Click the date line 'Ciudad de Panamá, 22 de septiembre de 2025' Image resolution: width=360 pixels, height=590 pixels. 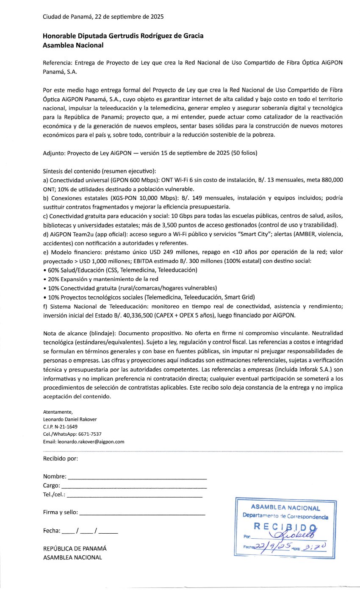pyautogui.click(x=103, y=17)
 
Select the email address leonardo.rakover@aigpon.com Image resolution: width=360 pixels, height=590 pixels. pyautogui.click(x=83, y=441)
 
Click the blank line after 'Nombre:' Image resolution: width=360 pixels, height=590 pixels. pyautogui.click(x=137, y=477)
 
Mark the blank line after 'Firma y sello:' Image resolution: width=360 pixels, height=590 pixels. pyautogui.click(x=142, y=513)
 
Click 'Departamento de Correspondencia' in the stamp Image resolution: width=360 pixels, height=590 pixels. pyautogui.click(x=285, y=517)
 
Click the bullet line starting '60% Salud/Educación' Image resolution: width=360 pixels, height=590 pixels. pyautogui.click(x=120, y=270)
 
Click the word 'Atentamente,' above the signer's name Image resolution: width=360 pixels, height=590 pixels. pyautogui.click(x=58, y=412)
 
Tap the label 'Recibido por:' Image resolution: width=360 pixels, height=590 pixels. pyautogui.click(x=61, y=459)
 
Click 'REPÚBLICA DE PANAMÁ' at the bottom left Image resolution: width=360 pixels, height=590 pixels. pyautogui.click(x=75, y=548)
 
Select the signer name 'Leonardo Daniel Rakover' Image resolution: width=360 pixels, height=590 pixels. pyautogui.click(x=70, y=419)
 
